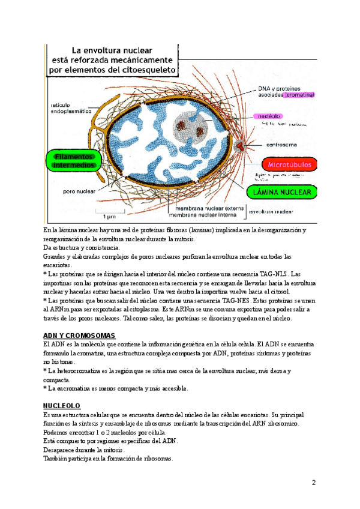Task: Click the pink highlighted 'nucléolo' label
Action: coord(265,116)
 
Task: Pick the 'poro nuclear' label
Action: coord(77,193)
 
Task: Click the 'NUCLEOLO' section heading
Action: coord(62,406)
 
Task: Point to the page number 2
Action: coord(313,482)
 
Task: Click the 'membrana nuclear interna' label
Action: coord(208,214)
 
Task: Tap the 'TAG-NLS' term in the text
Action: coord(274,273)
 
